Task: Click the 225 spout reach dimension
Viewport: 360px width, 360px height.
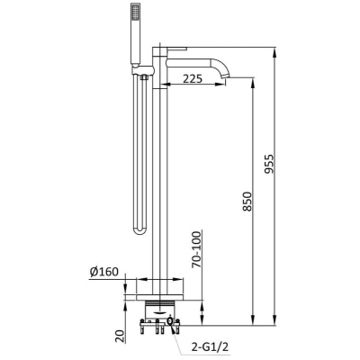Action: tap(193, 79)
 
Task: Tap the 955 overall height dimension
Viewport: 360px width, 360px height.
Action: tap(270, 164)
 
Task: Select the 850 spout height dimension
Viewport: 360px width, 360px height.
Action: tap(248, 202)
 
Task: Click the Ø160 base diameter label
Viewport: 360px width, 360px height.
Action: tap(104, 272)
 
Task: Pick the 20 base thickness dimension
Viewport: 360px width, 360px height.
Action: tap(120, 336)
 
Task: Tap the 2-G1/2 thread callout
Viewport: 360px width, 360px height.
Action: tap(210, 347)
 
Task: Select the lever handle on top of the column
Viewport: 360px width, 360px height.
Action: tap(177, 49)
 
